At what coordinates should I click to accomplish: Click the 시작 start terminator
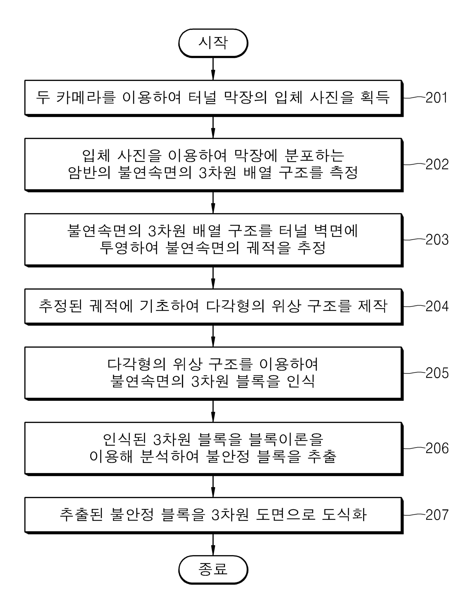tap(213, 43)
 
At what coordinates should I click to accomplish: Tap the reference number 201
tap(437, 98)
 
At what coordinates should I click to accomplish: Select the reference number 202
tap(437, 165)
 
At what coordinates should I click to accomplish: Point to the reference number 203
tap(437, 240)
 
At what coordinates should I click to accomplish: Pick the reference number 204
tap(437, 307)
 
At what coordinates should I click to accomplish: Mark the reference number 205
tap(437, 373)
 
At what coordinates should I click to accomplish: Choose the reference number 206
tap(437, 448)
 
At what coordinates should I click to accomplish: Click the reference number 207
tap(437, 515)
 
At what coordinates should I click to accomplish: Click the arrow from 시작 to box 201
tap(213, 69)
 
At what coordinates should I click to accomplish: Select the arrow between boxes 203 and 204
tap(213, 278)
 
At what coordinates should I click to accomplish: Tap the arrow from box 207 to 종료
tap(213, 544)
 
